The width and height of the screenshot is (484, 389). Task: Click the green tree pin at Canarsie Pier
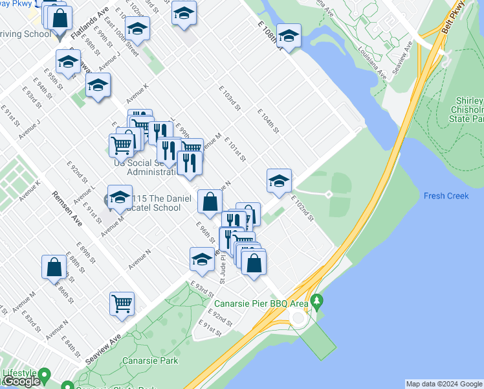coord(316,301)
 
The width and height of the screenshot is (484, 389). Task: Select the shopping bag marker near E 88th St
coord(54,266)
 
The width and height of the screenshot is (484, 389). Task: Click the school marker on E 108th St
coord(289,35)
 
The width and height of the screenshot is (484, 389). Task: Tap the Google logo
coord(21,381)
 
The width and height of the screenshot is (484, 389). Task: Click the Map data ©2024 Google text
coord(443,384)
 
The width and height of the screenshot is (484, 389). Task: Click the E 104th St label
coord(267,121)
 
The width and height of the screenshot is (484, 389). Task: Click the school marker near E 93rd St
coord(202,259)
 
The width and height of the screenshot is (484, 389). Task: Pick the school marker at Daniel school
coord(120,198)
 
